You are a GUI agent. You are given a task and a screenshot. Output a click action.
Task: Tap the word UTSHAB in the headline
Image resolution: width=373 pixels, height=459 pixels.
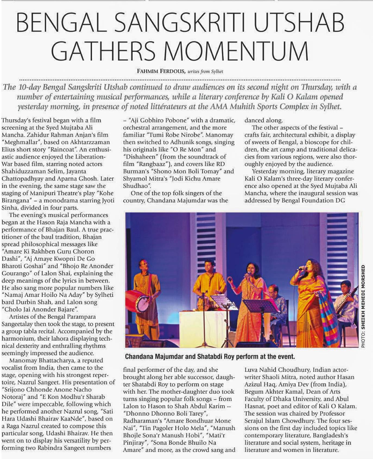[299, 23]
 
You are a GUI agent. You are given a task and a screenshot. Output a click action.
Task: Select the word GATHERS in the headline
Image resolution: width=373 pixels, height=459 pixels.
[103, 51]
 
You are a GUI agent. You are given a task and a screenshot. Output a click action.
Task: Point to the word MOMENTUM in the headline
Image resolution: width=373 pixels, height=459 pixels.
[236, 51]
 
